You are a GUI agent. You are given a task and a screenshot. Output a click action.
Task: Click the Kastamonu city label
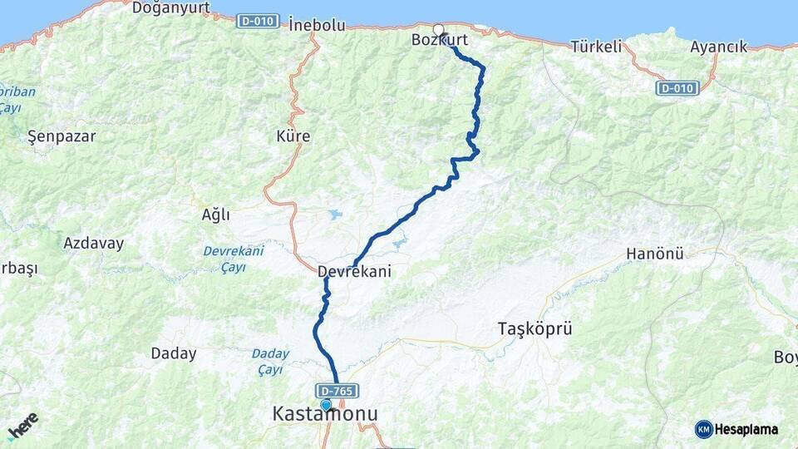(x=325, y=414)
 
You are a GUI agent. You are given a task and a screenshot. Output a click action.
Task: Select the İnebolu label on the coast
(x=317, y=25)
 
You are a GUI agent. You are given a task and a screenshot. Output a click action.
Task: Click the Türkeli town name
(x=596, y=47)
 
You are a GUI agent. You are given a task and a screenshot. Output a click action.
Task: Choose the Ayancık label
(x=718, y=47)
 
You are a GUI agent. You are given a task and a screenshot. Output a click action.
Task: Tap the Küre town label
(x=293, y=136)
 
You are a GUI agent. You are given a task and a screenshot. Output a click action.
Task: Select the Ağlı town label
(x=215, y=215)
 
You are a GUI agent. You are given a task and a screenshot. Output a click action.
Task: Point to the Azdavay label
(x=93, y=244)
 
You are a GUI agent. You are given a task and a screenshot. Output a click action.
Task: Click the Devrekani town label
(x=354, y=271)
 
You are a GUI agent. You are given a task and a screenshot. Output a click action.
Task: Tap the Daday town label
(x=174, y=353)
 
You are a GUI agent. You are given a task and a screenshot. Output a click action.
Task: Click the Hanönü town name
(x=655, y=254)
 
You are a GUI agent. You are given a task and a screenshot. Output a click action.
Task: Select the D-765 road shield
(x=337, y=390)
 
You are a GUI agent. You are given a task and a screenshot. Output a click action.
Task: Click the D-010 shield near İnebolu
(x=258, y=21)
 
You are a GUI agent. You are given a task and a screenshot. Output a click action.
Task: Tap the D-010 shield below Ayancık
(x=677, y=87)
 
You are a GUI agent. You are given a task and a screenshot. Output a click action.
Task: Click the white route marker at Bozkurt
(x=438, y=29)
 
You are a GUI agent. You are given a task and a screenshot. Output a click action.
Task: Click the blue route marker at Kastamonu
(x=326, y=405)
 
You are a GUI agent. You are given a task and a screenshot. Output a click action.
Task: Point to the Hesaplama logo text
(x=746, y=429)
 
